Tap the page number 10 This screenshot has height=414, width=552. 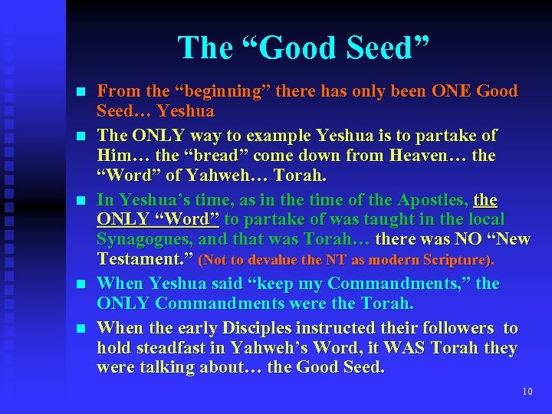pos(527,392)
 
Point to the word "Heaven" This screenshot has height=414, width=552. pos(422,156)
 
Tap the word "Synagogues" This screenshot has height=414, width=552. pos(141,240)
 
